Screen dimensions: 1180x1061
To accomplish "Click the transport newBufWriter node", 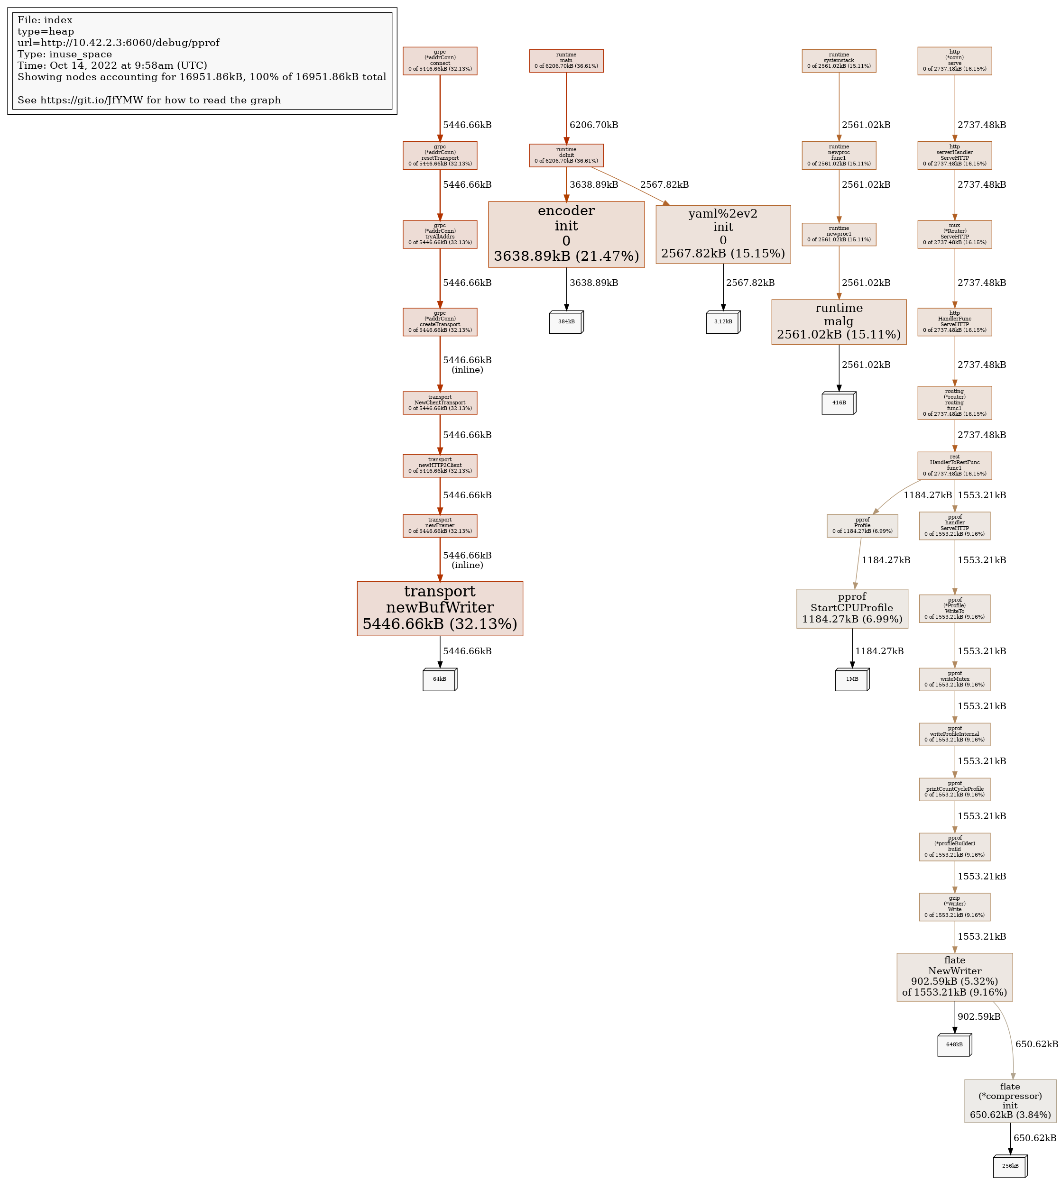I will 440,608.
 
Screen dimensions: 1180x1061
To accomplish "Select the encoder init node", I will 566,234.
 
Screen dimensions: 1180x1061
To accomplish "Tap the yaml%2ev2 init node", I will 723,234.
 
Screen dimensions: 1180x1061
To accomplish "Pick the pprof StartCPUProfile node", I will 852,608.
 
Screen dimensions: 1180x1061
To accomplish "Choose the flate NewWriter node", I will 954,977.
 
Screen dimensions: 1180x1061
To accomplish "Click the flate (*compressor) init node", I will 1010,1101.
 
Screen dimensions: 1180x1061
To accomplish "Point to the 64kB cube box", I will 440,679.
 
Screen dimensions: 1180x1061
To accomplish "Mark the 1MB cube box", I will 852,679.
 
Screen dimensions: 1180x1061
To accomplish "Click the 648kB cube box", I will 954,1044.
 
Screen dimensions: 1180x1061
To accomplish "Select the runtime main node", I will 566,61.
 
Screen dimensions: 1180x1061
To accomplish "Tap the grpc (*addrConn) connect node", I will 440,61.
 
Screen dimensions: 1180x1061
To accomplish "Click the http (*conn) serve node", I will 954,61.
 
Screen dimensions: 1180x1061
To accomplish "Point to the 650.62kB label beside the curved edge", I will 1036,1044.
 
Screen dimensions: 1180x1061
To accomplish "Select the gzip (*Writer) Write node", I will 954,907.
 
